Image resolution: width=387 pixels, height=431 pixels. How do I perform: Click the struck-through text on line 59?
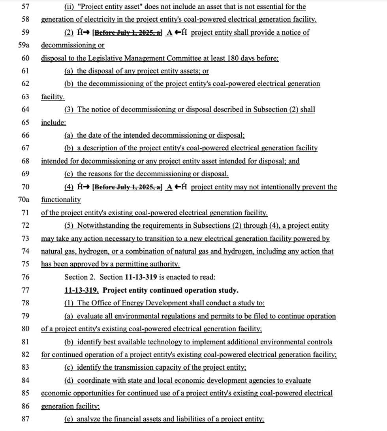click(x=127, y=33)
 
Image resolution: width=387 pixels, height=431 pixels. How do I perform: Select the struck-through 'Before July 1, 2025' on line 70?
click(x=127, y=187)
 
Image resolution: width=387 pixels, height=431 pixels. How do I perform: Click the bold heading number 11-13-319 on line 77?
click(x=81, y=290)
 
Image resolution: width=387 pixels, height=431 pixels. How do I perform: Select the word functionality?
click(x=61, y=200)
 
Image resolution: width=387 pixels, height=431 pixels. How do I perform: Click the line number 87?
click(x=25, y=419)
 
